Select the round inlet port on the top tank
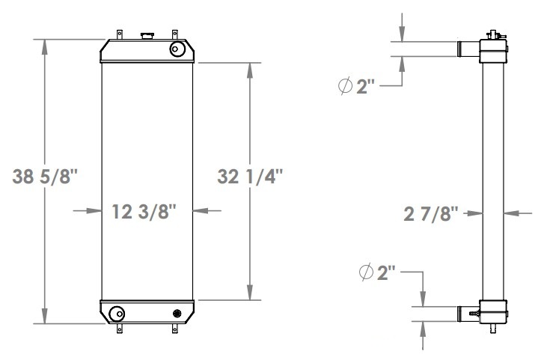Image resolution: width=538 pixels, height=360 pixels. pos(177,49)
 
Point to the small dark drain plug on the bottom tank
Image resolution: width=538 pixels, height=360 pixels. pos(177,313)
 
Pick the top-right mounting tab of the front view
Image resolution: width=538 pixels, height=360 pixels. pos(174,34)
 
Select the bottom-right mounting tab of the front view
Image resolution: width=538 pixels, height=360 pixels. pos(175,328)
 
